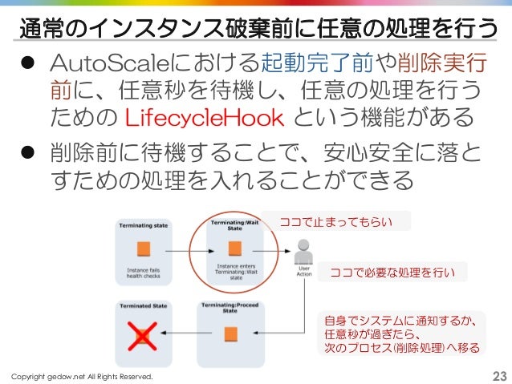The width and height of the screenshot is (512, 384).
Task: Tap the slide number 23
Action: point(498,376)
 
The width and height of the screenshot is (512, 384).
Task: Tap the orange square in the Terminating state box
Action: point(144,248)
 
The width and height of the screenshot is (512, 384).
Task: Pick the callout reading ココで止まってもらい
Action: point(342,221)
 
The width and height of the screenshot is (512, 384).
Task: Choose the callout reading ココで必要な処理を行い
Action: point(392,273)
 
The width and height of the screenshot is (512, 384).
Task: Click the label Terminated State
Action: point(144,305)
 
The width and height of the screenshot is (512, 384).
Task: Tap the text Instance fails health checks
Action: point(144,274)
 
